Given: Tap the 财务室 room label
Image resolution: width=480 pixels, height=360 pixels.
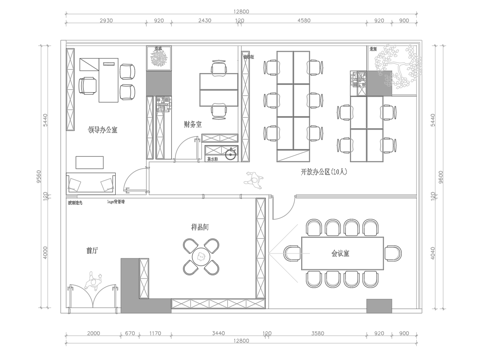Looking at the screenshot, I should [193, 125].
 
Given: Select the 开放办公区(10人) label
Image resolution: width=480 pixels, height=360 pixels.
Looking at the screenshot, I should [322, 173].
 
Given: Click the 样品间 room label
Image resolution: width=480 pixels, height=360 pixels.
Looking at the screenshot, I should [200, 228].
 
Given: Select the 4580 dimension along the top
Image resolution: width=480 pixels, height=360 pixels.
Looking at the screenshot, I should [305, 20].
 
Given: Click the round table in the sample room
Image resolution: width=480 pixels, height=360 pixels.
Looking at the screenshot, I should [200, 261].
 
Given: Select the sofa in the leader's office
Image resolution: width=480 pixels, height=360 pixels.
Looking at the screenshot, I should [92, 184].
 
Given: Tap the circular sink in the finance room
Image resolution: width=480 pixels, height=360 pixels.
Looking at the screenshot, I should [230, 153].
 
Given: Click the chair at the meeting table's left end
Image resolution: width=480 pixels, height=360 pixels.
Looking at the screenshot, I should [289, 254].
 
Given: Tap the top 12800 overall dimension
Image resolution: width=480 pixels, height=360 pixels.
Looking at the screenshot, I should [240, 9].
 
